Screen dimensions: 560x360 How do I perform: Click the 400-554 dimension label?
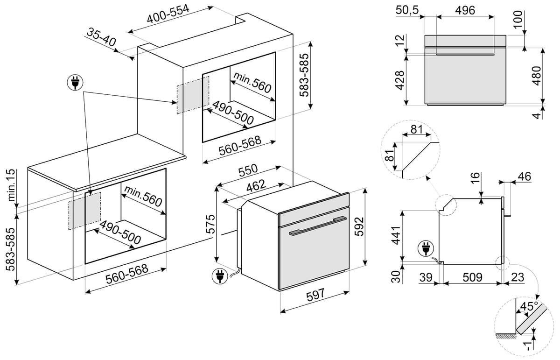point(168,14)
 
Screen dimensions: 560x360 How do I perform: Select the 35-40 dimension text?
point(102,37)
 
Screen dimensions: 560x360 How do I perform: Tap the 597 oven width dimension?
point(315,296)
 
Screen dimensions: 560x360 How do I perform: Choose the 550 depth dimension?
point(248,170)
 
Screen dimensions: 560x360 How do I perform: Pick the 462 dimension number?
point(256,186)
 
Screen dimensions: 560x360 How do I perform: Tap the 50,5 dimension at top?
point(407,10)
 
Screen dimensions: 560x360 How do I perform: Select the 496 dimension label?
point(465,10)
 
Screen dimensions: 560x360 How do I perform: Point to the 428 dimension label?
point(400,80)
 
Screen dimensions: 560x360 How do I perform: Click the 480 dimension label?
point(537,76)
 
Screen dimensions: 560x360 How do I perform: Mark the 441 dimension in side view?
point(396,235)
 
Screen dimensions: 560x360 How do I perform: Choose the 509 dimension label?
point(472,277)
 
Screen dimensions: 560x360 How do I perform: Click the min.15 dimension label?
point(11,185)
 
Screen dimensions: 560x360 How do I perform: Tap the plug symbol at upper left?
point(75,82)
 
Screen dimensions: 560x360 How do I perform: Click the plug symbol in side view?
point(425,248)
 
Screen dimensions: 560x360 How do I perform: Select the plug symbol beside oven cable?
point(219,276)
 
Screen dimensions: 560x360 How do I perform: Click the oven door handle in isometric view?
point(318,226)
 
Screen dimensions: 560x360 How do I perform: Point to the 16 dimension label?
point(476,177)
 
